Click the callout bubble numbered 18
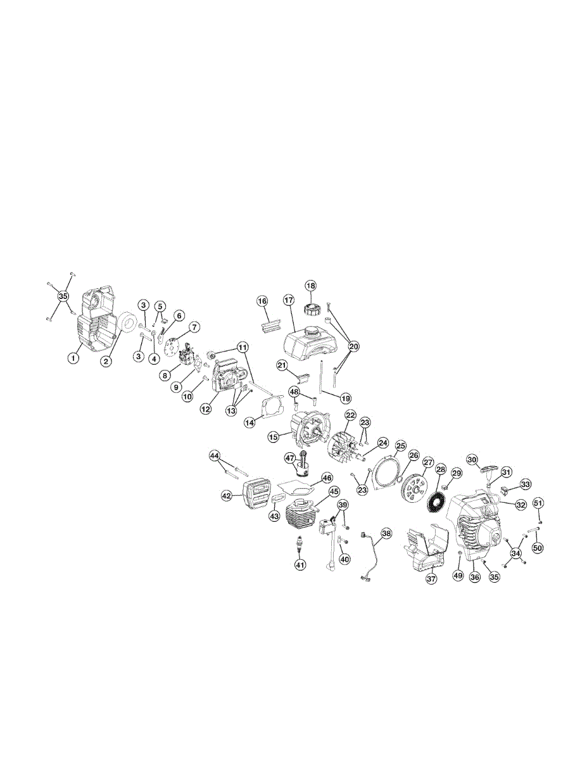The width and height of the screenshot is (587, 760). (x=310, y=286)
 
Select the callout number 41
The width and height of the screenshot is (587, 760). (x=300, y=564)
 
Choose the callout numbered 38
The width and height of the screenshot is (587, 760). (x=386, y=533)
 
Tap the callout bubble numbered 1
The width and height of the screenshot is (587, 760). (x=74, y=358)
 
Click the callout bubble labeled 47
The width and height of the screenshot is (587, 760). (x=290, y=457)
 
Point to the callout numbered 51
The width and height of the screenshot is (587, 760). (x=538, y=503)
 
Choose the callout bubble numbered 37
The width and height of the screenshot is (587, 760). (x=431, y=579)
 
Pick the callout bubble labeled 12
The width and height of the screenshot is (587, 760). (x=206, y=409)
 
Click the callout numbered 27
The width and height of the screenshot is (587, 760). (x=428, y=463)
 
